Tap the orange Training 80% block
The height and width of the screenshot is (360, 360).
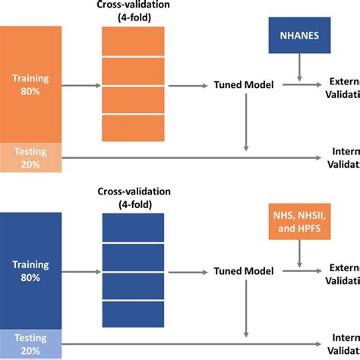point(30,83)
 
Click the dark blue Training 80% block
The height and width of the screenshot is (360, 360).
point(30,270)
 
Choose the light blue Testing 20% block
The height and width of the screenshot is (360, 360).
point(30,343)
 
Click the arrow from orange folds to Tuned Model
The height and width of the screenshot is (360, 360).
point(189,86)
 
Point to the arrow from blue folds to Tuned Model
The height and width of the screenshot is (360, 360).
point(189,271)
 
